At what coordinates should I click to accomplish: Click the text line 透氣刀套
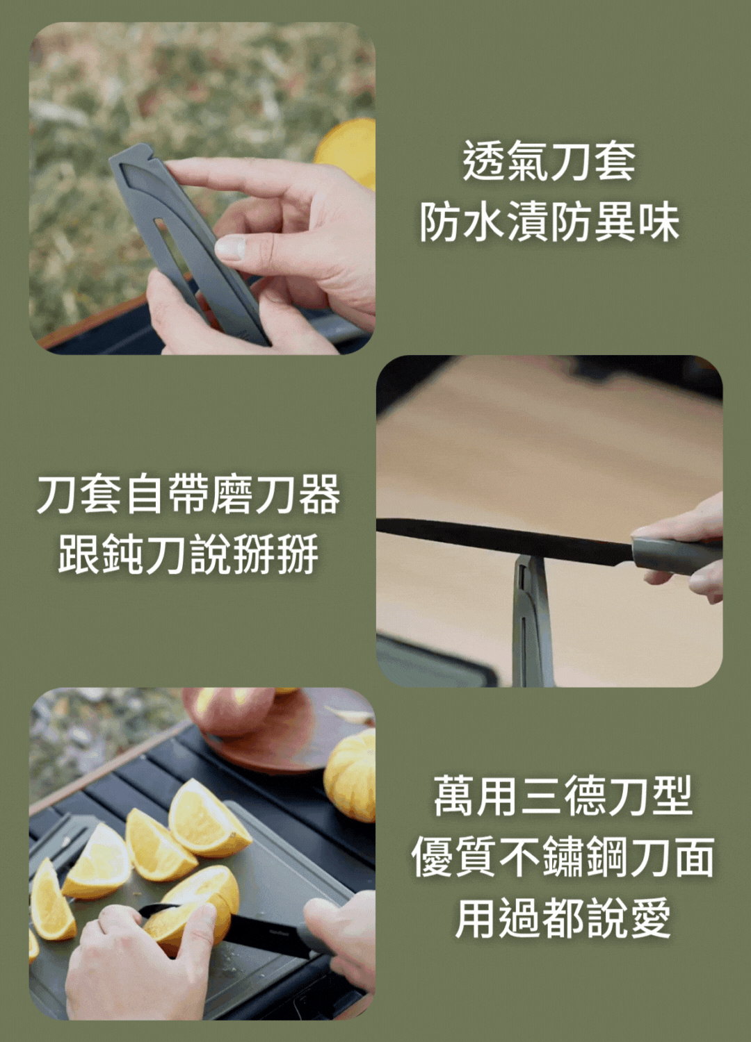pos(549,161)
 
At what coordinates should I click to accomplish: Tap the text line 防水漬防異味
pos(549,222)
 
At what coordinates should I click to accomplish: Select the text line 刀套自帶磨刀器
pos(188,495)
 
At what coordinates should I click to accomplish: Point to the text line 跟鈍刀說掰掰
pos(188,554)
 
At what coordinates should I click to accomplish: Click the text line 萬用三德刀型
pos(563,796)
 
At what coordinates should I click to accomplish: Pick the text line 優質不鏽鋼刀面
pos(563,857)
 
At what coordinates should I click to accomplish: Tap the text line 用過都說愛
pos(563,918)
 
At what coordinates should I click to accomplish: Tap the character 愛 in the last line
pos(649,918)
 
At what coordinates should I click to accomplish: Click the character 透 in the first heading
pos(484,161)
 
